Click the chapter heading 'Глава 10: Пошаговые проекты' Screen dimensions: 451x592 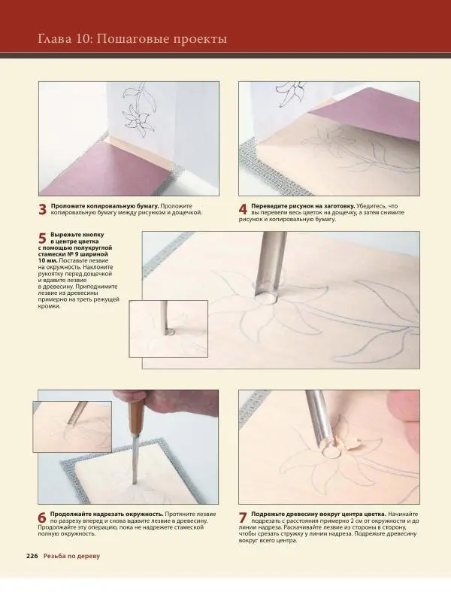pyautogui.click(x=132, y=39)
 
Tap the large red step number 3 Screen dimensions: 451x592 pyautogui.click(x=42, y=210)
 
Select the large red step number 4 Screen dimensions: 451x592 pyautogui.click(x=243, y=210)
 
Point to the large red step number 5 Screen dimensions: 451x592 pyautogui.click(x=42, y=238)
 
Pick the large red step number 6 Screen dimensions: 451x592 pyautogui.click(x=42, y=518)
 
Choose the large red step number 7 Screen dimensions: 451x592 pyautogui.click(x=243, y=518)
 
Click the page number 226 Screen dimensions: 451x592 pyautogui.click(x=32, y=556)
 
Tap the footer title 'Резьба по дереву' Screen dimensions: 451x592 pyautogui.click(x=71, y=556)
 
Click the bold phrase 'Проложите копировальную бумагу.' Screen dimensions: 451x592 pyautogui.click(x=105, y=206)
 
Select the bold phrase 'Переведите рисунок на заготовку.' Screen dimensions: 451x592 pyautogui.click(x=303, y=206)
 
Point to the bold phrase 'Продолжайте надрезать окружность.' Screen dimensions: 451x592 pyautogui.click(x=107, y=515)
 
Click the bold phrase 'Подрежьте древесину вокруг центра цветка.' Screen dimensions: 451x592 pyautogui.click(x=319, y=515)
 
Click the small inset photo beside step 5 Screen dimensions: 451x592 pyautogui.click(x=168, y=329)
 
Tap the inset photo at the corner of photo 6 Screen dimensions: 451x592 pyautogui.click(x=72, y=427)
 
